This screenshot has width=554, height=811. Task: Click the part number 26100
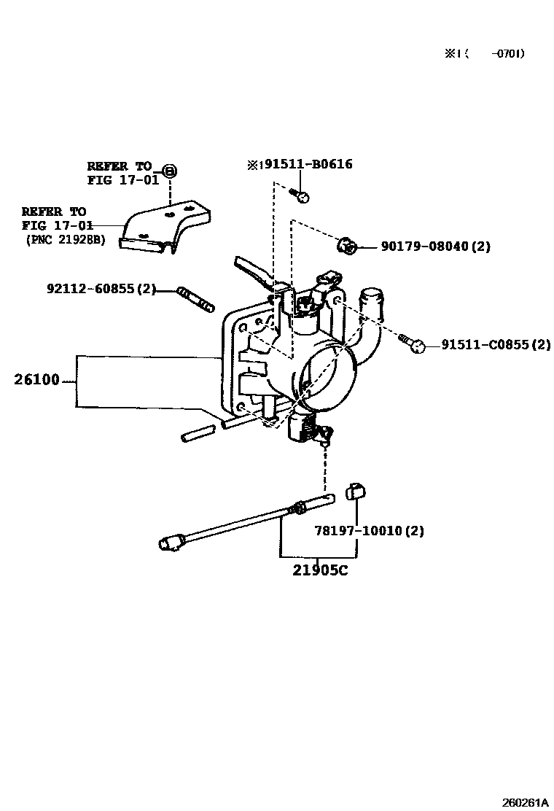[36, 380]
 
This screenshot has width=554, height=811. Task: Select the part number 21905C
[321, 570]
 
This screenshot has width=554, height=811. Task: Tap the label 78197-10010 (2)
[370, 531]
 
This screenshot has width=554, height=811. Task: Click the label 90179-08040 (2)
[436, 247]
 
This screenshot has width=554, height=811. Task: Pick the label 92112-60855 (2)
[101, 289]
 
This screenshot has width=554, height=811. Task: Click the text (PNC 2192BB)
[66, 240]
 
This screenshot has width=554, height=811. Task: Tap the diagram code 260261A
[525, 802]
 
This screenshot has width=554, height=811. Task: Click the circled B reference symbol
[170, 170]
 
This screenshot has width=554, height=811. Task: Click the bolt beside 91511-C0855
[412, 343]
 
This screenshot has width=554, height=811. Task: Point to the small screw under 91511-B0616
[300, 195]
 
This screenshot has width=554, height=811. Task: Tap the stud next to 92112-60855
[195, 299]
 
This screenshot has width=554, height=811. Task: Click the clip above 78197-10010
[355, 491]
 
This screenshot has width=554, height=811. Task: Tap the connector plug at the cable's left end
[170, 543]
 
